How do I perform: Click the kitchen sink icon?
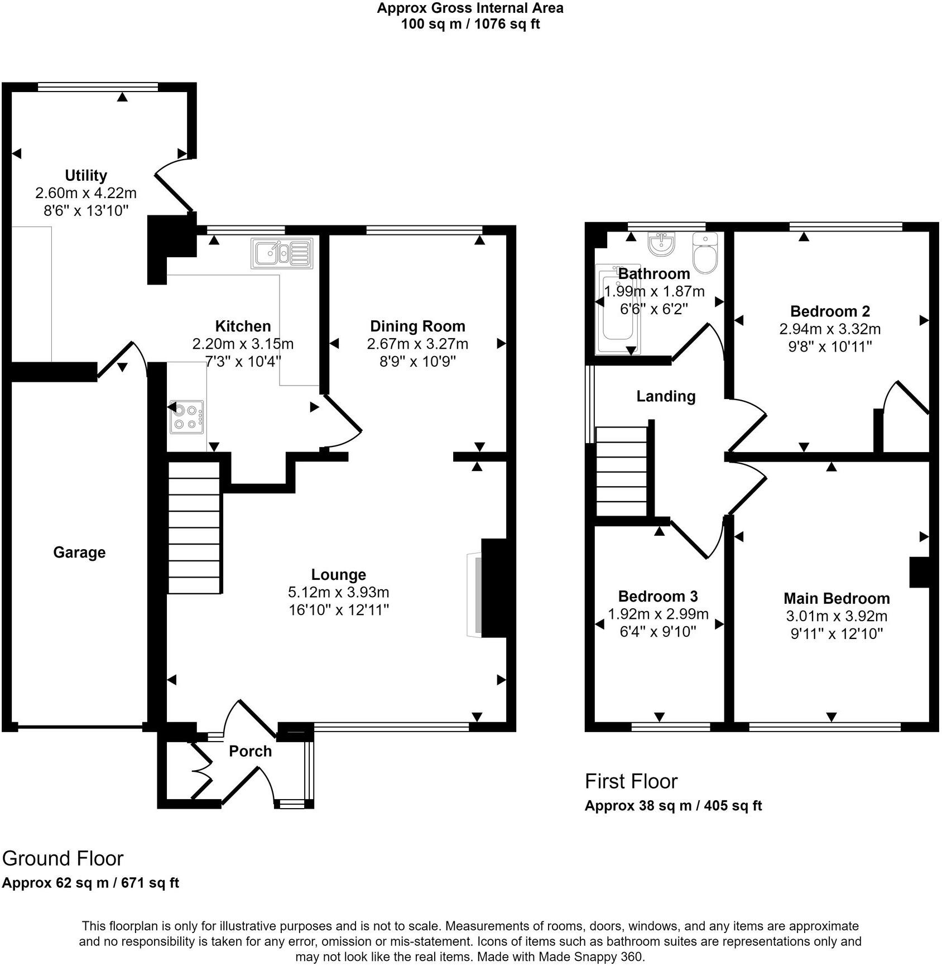tap(282, 253)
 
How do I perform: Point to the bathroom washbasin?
tap(661, 244)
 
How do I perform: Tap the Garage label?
tap(79, 552)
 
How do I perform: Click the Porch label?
tap(250, 751)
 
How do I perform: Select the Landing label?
tap(666, 396)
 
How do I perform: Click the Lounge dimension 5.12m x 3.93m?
tap(338, 592)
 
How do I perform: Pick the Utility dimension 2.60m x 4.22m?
tap(86, 193)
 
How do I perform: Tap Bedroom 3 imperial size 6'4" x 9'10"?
tap(658, 632)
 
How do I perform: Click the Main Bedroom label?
tap(836, 598)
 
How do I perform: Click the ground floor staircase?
tap(194, 527)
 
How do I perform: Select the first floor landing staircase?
tap(622, 472)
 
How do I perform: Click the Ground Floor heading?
tap(63, 858)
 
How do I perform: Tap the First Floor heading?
tap(631, 781)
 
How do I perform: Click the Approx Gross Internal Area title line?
tap(470, 8)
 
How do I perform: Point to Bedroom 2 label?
tap(830, 311)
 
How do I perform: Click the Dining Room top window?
tap(424, 229)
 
